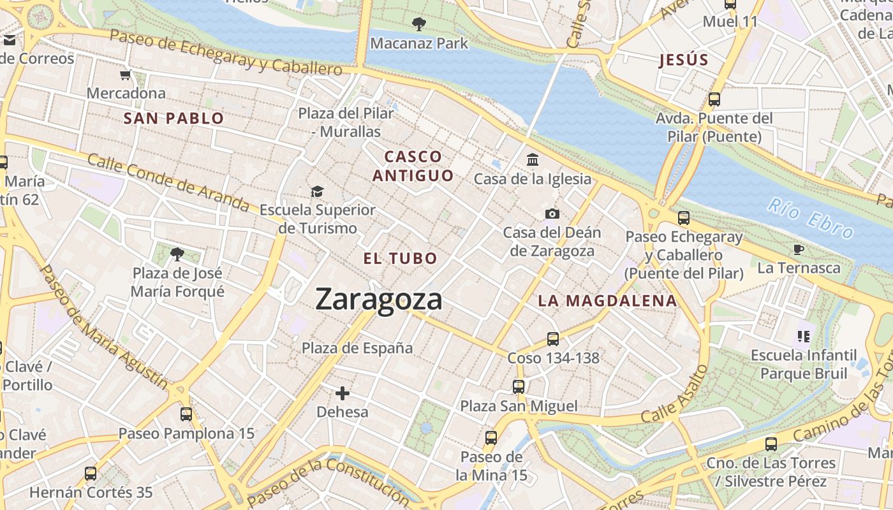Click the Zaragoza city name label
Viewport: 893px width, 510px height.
coord(379,299)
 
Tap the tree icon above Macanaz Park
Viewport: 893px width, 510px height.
coord(419,24)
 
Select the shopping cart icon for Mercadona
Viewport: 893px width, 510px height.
coord(126,75)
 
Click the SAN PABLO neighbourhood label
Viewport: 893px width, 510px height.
coord(173,118)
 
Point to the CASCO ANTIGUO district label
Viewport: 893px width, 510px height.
coord(413,166)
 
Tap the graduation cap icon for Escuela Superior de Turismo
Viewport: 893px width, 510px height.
coord(317,191)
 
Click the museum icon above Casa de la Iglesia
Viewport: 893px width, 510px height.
coord(533,159)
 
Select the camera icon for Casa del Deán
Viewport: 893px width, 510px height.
coord(552,214)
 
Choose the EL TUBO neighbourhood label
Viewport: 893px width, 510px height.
coord(400,258)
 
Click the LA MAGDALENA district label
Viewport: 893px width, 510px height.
coord(607,301)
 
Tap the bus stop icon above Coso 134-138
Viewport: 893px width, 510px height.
coord(553,339)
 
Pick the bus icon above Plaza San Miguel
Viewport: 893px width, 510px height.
coord(519,386)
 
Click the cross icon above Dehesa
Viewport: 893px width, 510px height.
coord(343,393)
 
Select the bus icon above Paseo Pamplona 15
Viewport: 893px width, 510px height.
coord(186,414)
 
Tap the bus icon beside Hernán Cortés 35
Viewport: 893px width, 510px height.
coord(91,473)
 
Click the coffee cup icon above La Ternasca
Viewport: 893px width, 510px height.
coord(798,249)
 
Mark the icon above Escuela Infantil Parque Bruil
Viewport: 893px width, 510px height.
coord(803,335)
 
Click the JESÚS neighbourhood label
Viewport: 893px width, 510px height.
coord(683,61)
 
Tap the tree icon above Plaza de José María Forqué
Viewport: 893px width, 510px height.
coord(177,254)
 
